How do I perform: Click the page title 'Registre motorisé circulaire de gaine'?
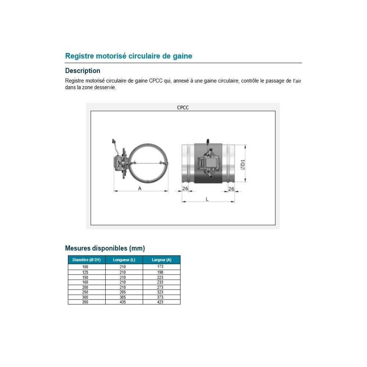[128, 56]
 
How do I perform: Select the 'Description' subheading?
[83, 71]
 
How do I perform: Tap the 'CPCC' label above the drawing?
[183, 108]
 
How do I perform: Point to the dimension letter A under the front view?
[140, 188]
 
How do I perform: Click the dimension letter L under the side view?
[207, 199]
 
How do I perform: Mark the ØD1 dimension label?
[243, 164]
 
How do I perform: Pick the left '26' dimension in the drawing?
[185, 188]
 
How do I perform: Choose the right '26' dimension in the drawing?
[231, 189]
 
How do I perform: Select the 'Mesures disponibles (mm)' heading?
[105, 248]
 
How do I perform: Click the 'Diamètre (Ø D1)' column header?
[87, 260]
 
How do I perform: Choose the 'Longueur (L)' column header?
[124, 260]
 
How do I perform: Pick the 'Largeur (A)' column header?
[161, 260]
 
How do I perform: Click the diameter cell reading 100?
[85, 267]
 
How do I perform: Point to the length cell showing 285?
[123, 292]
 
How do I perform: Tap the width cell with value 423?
[160, 302]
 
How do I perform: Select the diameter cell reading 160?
[85, 282]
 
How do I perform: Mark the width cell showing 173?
[160, 266]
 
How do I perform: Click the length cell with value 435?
[123, 302]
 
